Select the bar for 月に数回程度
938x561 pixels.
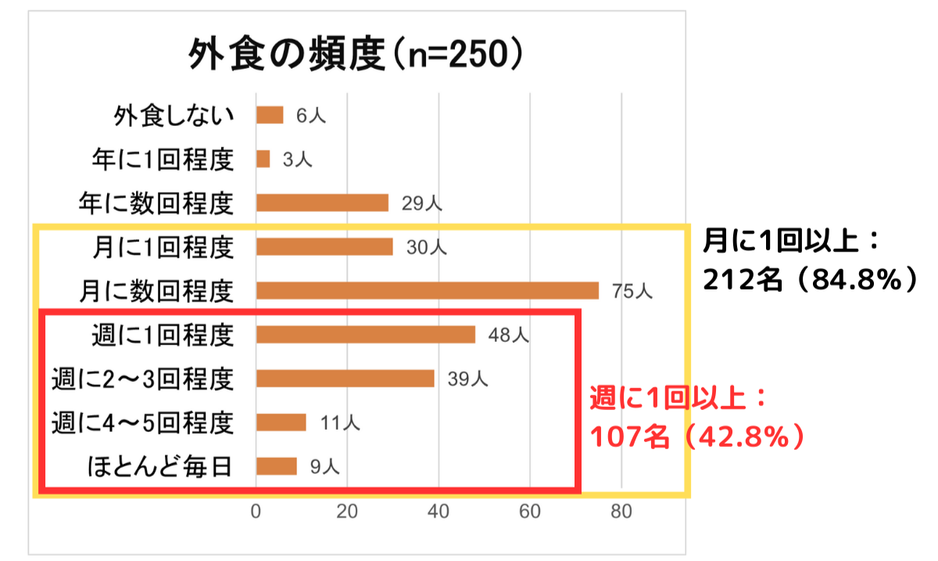(x=428, y=291)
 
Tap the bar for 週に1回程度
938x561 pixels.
(x=366, y=335)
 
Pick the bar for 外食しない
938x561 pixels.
(x=270, y=115)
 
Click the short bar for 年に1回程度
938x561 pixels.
(x=263, y=160)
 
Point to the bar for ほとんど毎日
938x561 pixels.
(x=277, y=466)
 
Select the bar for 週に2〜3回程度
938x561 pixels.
(x=345, y=379)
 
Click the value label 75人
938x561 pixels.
(x=632, y=292)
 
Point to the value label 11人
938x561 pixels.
(x=339, y=423)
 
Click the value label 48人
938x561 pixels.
(x=509, y=336)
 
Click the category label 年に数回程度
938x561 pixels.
(x=156, y=203)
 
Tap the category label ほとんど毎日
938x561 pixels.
(x=159, y=467)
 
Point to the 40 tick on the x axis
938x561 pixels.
(x=439, y=513)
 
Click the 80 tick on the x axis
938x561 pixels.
(x=621, y=513)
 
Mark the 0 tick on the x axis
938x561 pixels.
(x=256, y=513)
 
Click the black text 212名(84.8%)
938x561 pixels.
(x=809, y=279)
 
